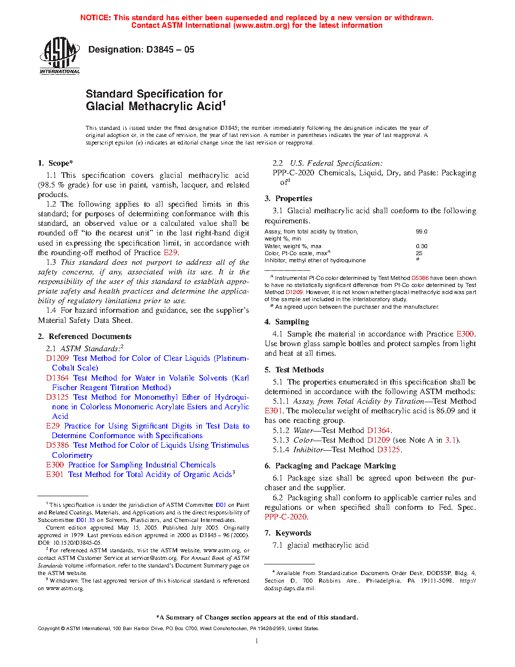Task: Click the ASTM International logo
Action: click(x=60, y=56)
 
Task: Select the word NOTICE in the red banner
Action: click(x=95, y=18)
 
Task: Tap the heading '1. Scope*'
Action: click(x=56, y=163)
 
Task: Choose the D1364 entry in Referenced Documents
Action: click(x=57, y=378)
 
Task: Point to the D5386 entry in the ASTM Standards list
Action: click(x=57, y=445)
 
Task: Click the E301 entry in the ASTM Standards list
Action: click(x=55, y=474)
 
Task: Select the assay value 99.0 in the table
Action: click(x=422, y=231)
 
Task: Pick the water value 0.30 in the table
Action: click(x=422, y=246)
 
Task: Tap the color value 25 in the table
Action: click(x=419, y=253)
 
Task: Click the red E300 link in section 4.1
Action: click(x=465, y=334)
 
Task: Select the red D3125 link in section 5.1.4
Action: click(x=388, y=450)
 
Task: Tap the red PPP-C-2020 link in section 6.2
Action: click(x=286, y=517)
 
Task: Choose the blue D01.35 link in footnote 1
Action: click(x=85, y=520)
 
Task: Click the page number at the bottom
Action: click(x=257, y=641)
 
